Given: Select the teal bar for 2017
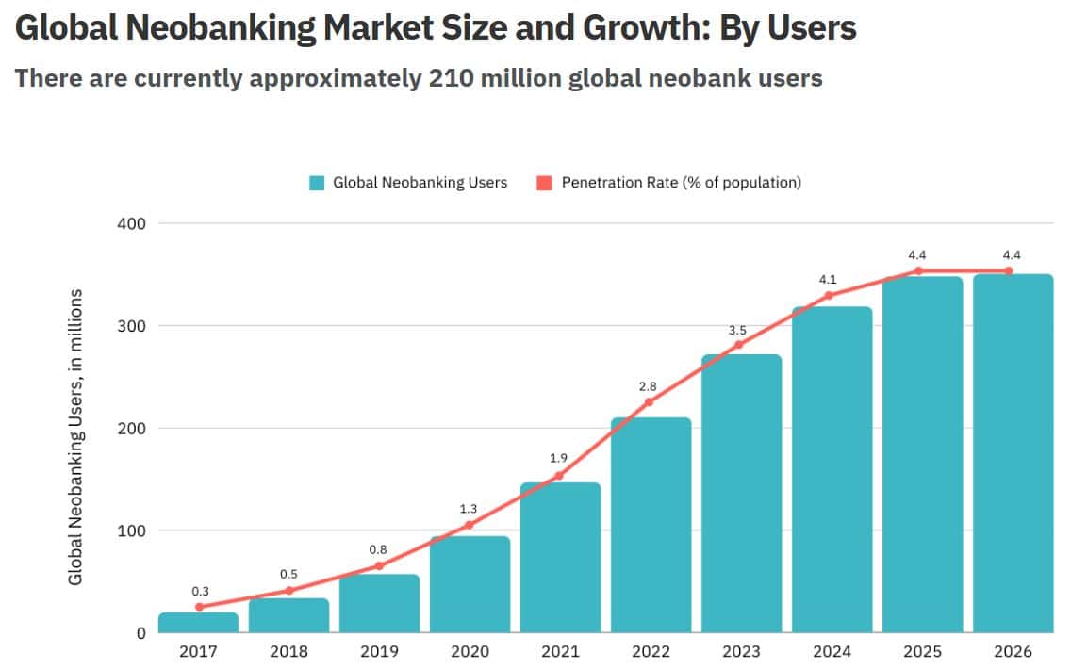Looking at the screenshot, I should coord(198,622).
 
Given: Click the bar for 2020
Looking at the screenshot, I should coord(470,584).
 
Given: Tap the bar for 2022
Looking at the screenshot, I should coord(651,525).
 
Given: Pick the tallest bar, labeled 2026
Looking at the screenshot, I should coord(1013,453).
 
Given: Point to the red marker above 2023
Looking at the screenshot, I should coord(738,344).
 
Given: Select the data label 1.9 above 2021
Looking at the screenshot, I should coord(559,458).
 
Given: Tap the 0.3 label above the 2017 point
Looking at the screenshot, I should coord(200,591).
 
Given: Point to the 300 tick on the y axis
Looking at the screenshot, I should coord(134,326).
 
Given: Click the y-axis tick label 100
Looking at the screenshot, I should coord(134,530).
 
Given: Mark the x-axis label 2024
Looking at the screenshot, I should coord(832,652).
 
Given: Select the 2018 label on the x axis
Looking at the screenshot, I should coord(288,652).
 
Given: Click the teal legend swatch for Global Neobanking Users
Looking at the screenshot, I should coord(317,183).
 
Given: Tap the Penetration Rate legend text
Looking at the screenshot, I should coord(681,183).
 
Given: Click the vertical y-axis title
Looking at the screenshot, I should coord(75,436).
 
